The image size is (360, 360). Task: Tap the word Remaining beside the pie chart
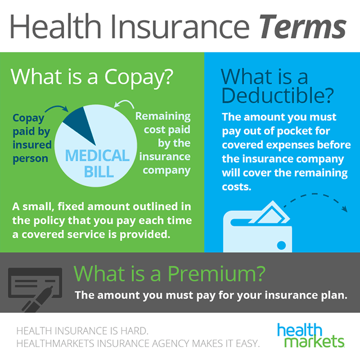(163, 116)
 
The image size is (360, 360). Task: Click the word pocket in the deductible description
(290, 130)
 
